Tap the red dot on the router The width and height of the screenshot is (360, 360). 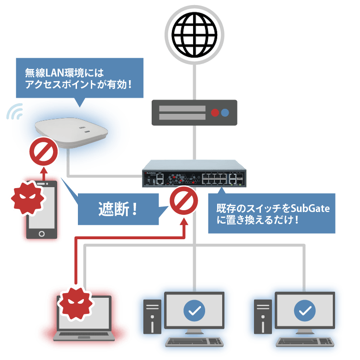(x=215, y=112)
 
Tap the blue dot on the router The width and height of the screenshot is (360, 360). (x=225, y=112)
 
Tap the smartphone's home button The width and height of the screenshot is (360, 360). (x=42, y=234)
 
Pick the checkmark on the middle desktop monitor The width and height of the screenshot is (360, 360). (x=195, y=311)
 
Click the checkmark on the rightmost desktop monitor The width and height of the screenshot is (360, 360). (x=305, y=311)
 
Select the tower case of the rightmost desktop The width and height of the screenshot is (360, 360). (x=263, y=316)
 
